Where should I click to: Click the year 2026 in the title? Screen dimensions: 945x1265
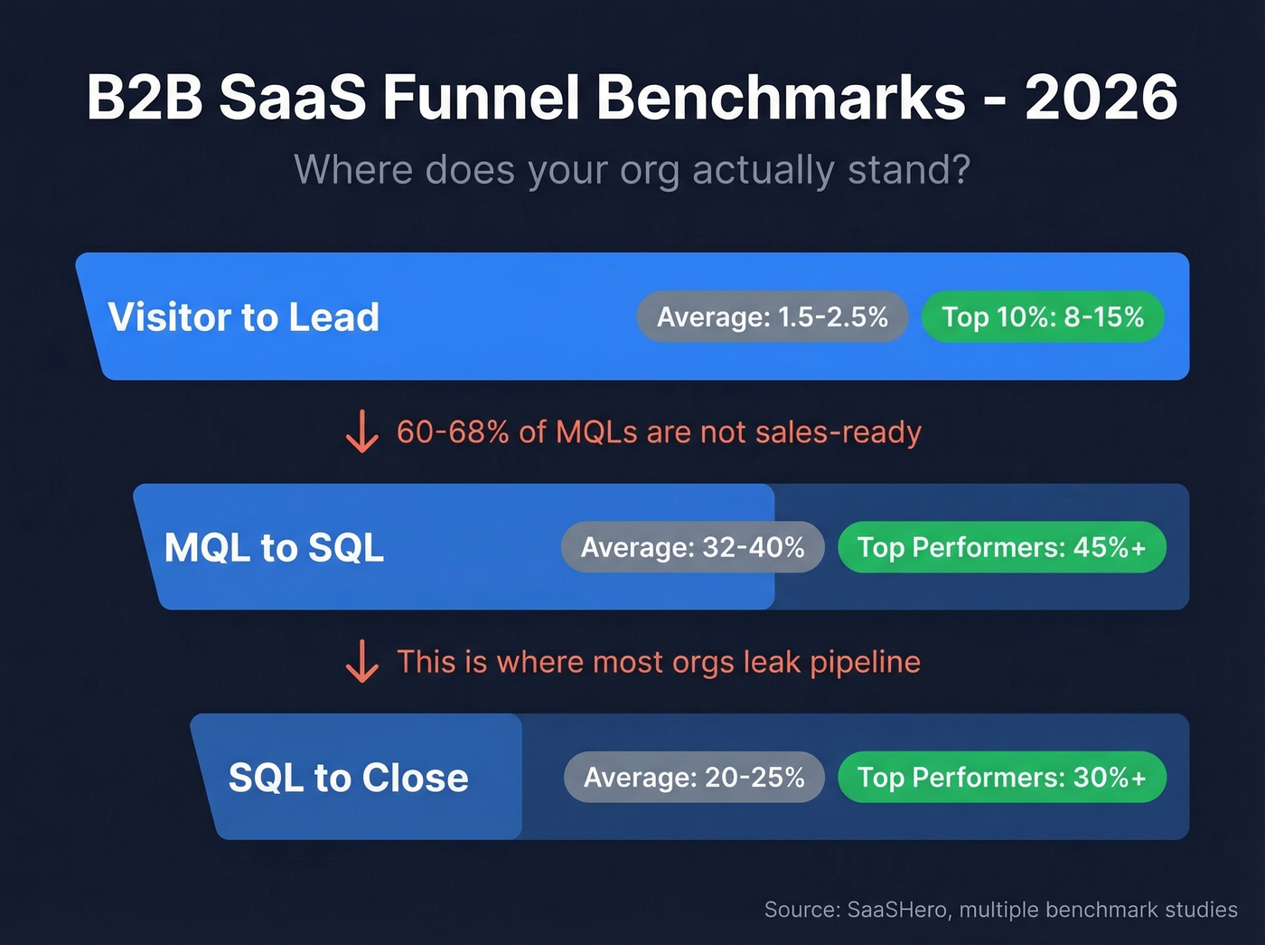[x=1101, y=98]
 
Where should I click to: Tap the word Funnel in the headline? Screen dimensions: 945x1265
[x=481, y=98]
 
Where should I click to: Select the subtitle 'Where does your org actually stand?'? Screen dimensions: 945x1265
[x=632, y=170]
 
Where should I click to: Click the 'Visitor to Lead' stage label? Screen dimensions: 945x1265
[x=244, y=317]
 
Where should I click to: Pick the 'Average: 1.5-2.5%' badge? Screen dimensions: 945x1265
[x=773, y=317]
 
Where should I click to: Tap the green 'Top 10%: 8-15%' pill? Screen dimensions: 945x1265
[x=1043, y=317]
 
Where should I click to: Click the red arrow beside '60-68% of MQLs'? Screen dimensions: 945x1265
[x=362, y=431]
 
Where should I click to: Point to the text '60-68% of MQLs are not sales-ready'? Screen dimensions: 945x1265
[x=659, y=432]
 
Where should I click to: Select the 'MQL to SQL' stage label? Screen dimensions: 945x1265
[x=274, y=548]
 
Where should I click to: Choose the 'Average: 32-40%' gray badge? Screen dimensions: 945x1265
[x=693, y=548]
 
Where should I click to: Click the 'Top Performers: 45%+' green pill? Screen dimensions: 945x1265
[x=1002, y=548]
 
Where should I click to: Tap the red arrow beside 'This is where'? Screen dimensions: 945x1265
[x=362, y=661]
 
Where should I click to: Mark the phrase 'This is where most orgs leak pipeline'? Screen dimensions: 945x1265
[x=659, y=662]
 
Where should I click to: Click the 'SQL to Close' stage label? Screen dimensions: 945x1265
[x=349, y=778]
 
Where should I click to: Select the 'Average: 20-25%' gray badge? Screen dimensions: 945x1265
[x=694, y=778]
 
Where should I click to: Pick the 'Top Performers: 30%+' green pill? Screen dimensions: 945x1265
[x=1002, y=778]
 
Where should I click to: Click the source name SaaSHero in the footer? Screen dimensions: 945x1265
[x=898, y=910]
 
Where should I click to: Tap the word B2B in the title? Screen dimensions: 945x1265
[x=145, y=98]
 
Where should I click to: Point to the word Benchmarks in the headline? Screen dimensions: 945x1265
[x=782, y=98]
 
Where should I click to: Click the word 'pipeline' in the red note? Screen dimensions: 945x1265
[x=865, y=663]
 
